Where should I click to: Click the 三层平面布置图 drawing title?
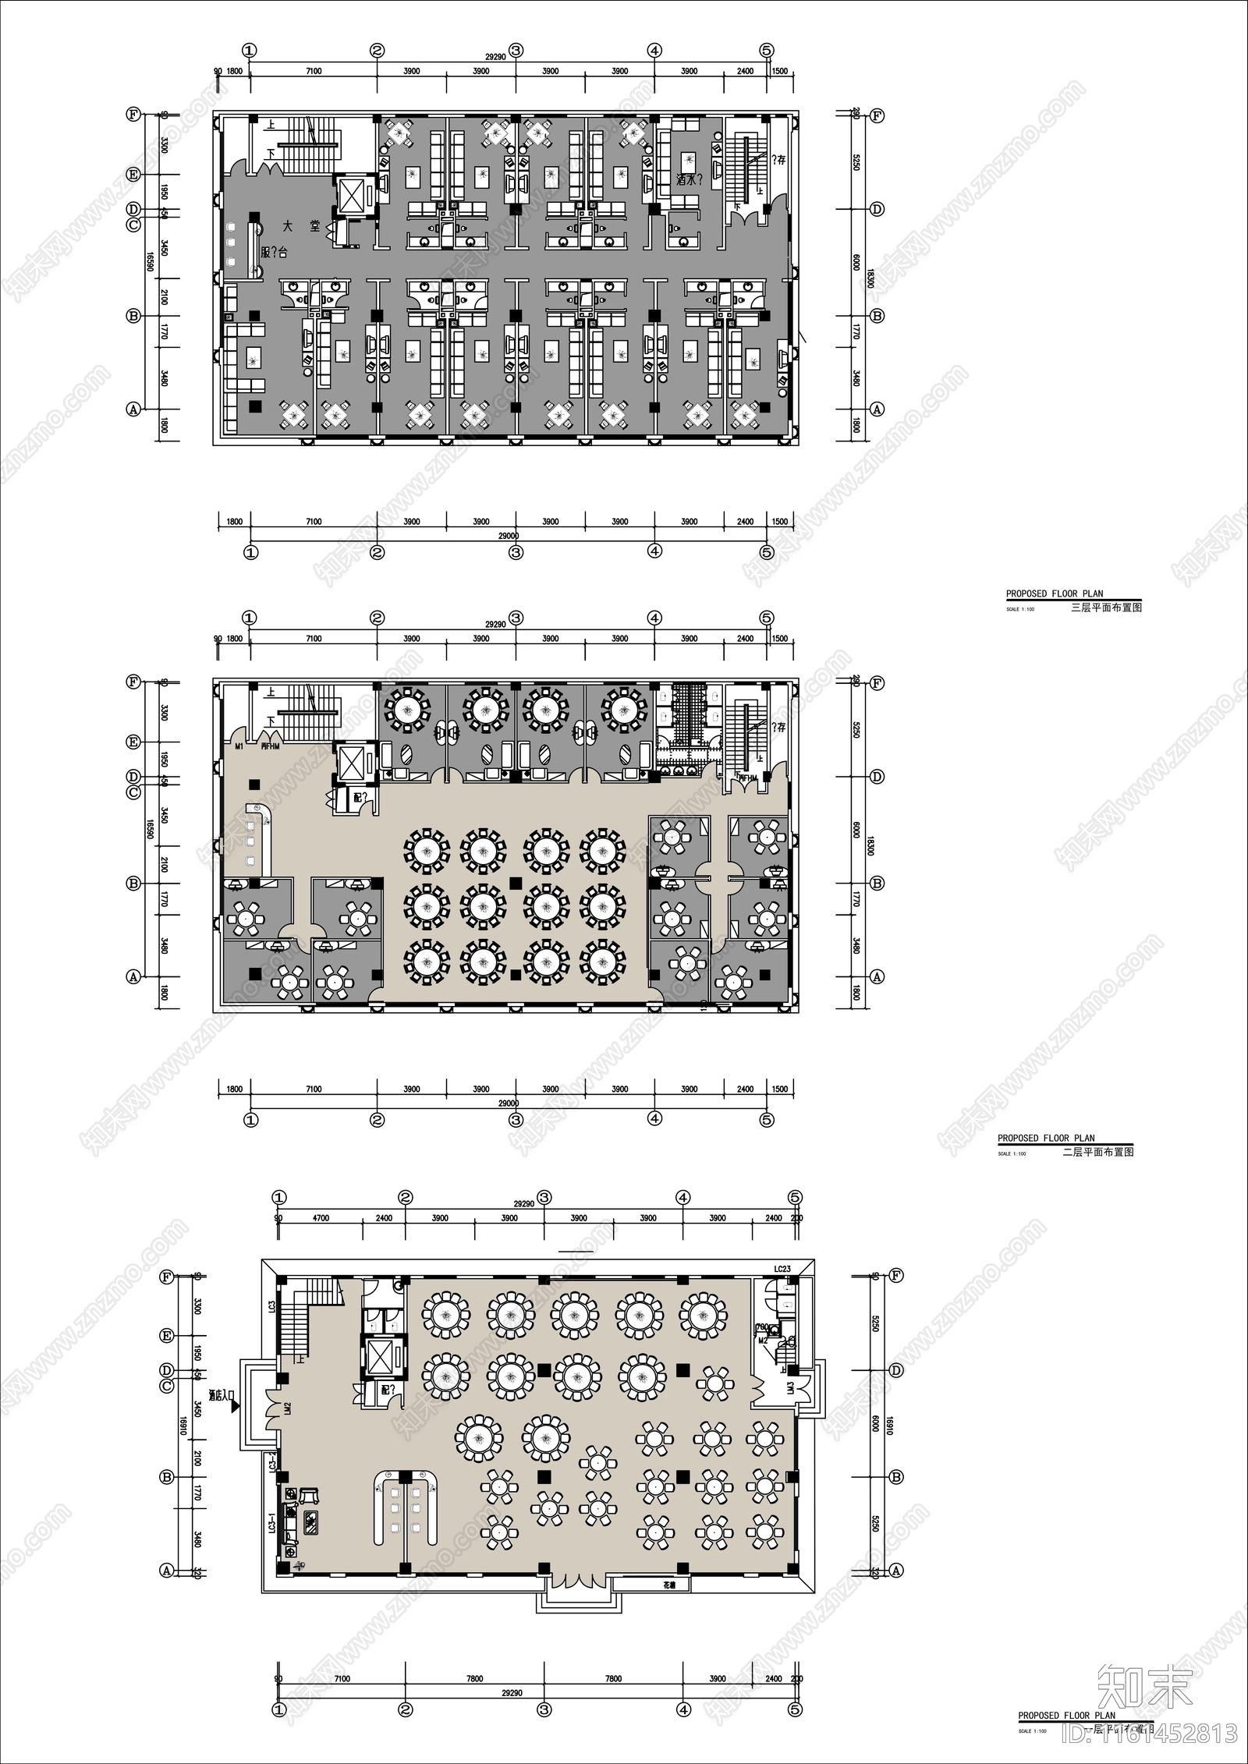click(1106, 607)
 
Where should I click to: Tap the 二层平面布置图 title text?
click(1098, 1152)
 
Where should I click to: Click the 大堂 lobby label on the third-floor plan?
click(300, 227)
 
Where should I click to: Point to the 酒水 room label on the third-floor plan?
click(689, 179)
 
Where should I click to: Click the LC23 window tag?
click(782, 1269)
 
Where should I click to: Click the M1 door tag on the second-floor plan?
click(239, 746)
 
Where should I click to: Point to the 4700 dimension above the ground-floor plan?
click(321, 1218)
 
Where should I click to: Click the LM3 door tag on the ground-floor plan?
click(790, 1389)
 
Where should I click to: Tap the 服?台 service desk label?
click(275, 253)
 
